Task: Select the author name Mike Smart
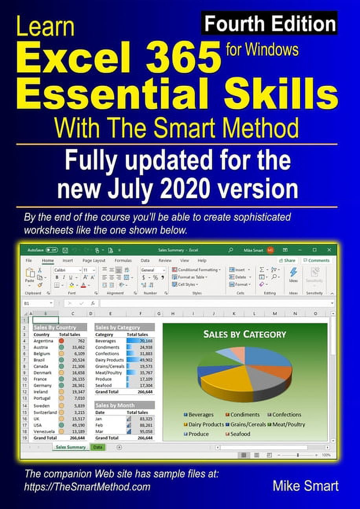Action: pyautogui.click(x=305, y=486)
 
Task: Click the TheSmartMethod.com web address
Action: pyautogui.click(x=87, y=487)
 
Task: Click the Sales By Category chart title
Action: pyautogui.click(x=244, y=335)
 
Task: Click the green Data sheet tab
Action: pyautogui.click(x=98, y=447)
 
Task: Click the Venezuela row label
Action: pyautogui.click(x=45, y=431)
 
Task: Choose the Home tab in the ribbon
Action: pyautogui.click(x=48, y=260)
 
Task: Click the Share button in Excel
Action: pyautogui.click(x=287, y=260)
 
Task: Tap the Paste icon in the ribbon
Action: pyautogui.click(x=29, y=275)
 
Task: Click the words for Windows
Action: pyautogui.click(x=262, y=50)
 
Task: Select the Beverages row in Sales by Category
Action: pyautogui.click(x=105, y=341)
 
